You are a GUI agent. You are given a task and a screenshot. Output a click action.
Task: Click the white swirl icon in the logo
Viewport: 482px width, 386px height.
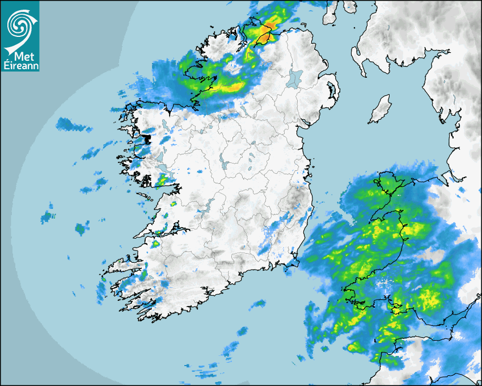[20, 26]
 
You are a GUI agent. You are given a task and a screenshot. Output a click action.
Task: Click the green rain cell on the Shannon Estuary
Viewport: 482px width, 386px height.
[155, 244]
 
